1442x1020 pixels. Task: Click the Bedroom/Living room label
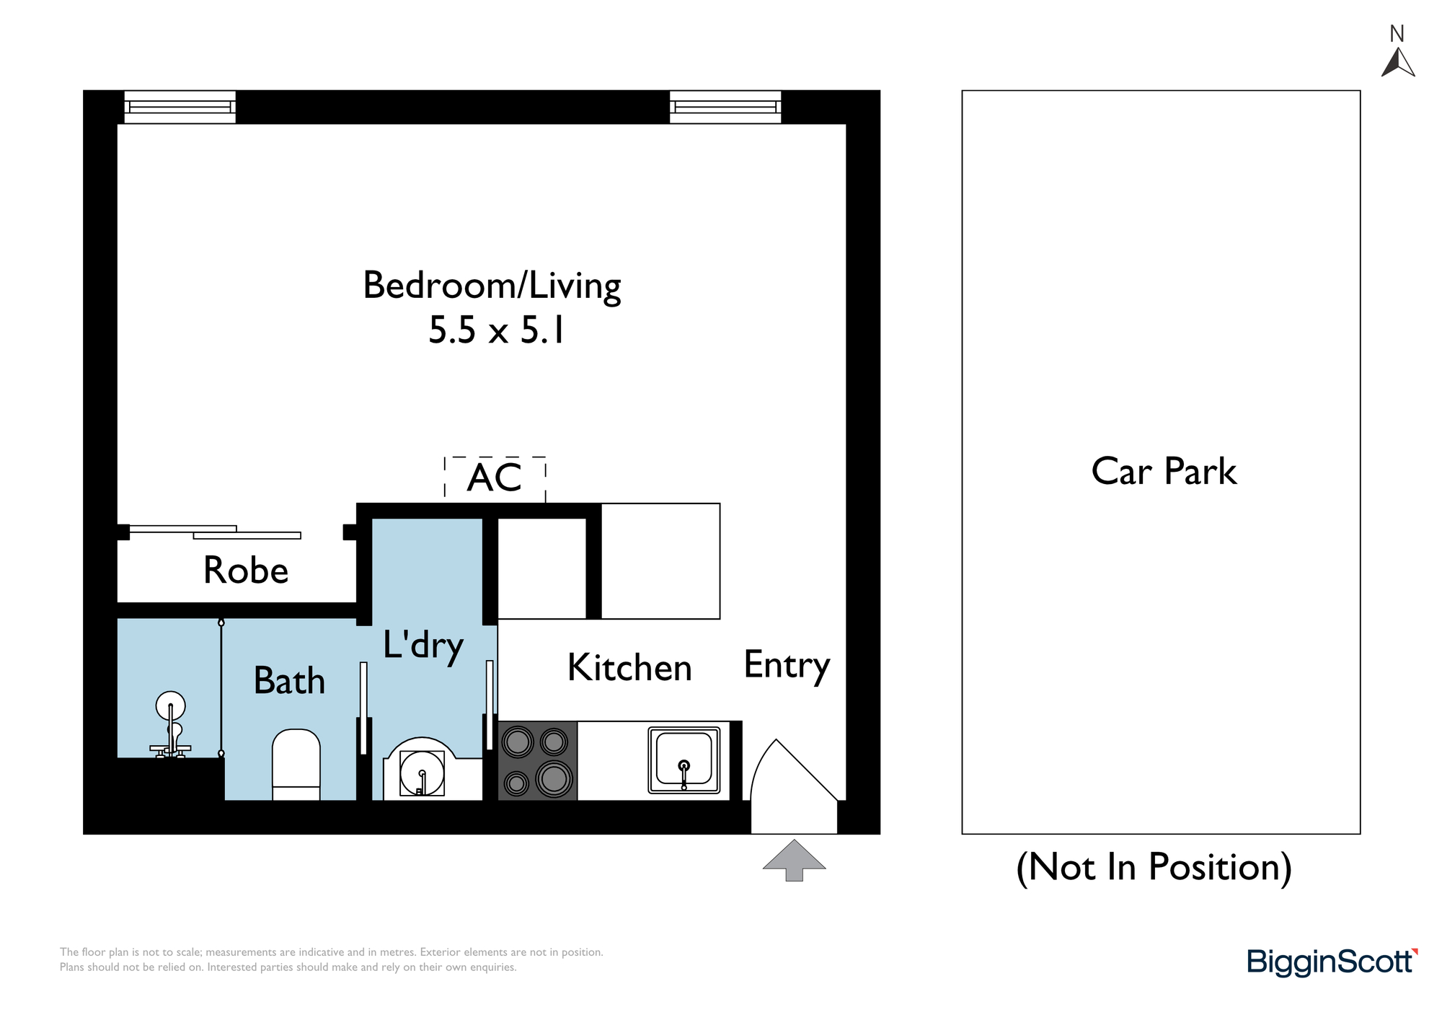click(x=492, y=286)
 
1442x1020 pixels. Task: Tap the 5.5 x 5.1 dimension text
click(x=497, y=330)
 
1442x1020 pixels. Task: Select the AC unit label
click(x=495, y=478)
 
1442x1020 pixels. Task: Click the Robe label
click(x=246, y=571)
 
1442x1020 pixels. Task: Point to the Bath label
click(x=289, y=680)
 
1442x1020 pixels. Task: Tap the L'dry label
click(x=423, y=646)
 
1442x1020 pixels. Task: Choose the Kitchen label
click(x=629, y=667)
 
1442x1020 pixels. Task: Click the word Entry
click(x=787, y=667)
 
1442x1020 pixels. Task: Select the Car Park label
click(x=1164, y=472)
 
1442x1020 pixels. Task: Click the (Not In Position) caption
click(x=1154, y=867)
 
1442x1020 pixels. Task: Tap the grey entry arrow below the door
click(x=794, y=860)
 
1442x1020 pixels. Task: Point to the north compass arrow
click(x=1398, y=62)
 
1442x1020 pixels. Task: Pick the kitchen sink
click(x=684, y=760)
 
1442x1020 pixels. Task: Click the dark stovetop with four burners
click(x=537, y=760)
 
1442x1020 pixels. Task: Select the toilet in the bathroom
click(x=296, y=765)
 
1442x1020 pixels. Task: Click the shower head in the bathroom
click(x=170, y=706)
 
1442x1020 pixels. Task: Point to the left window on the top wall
click(x=180, y=107)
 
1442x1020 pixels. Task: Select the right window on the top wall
click(x=725, y=107)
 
